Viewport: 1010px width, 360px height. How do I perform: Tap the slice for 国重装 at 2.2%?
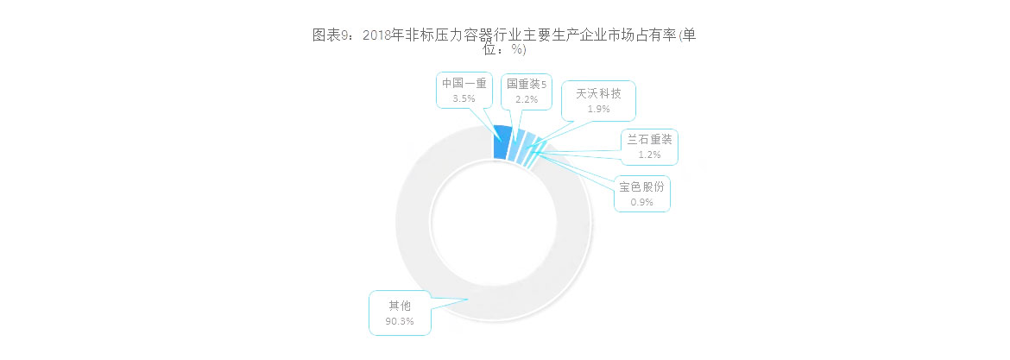click(x=517, y=145)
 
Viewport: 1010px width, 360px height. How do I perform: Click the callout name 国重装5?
click(x=527, y=84)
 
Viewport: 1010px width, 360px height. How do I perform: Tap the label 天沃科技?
click(x=598, y=94)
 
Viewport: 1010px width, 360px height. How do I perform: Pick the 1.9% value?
click(x=598, y=110)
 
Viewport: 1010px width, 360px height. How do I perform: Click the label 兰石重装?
click(x=648, y=140)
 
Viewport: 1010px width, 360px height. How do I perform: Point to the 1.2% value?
click(x=648, y=155)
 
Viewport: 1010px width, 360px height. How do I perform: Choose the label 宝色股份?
click(x=641, y=186)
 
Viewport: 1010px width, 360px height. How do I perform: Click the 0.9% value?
click(x=641, y=202)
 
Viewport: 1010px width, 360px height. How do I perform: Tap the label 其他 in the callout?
click(x=400, y=306)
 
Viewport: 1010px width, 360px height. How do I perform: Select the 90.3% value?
click(x=400, y=320)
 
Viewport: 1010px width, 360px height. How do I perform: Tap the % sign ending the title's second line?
click(x=514, y=49)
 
